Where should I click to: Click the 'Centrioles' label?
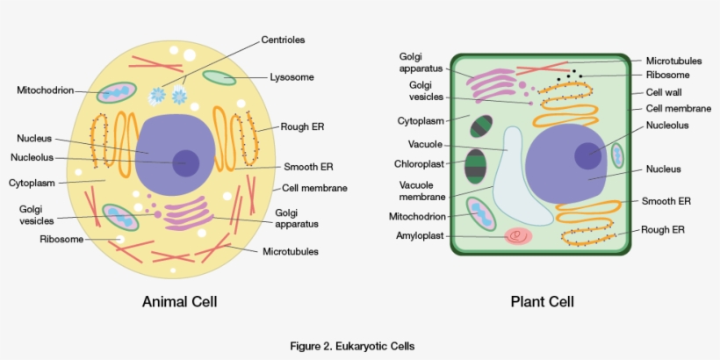tap(283, 40)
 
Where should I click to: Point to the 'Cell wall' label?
tap(664, 92)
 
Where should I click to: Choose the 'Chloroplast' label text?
tap(420, 163)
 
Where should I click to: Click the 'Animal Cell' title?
tap(179, 302)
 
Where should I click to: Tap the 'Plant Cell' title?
tap(542, 302)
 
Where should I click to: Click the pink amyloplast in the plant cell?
tap(517, 236)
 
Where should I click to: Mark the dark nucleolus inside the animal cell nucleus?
tap(185, 162)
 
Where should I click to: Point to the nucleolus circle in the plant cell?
tap(588, 155)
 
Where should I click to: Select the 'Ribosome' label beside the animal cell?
tap(61, 239)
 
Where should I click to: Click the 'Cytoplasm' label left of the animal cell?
tap(32, 184)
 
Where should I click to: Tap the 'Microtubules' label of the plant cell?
tap(673, 61)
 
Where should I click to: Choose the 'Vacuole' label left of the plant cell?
tap(425, 144)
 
